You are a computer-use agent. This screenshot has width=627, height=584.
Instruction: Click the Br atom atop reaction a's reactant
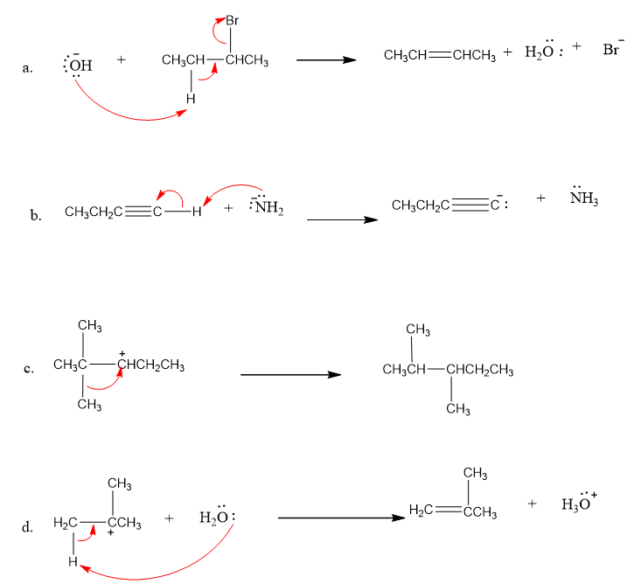click(x=232, y=19)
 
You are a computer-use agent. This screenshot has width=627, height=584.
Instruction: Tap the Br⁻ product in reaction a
click(x=612, y=50)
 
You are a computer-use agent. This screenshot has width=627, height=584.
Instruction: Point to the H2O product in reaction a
click(x=540, y=54)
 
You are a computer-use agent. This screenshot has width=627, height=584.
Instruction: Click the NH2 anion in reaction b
click(x=267, y=208)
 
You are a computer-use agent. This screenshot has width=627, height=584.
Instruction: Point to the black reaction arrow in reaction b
click(x=342, y=219)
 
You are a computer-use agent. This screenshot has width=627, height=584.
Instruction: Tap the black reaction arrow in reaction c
click(x=290, y=375)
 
